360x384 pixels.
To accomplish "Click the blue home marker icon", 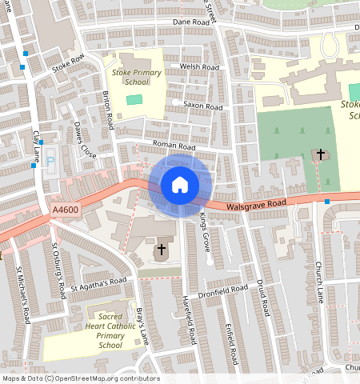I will (x=180, y=185).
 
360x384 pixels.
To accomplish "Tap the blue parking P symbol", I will (x=50, y=161).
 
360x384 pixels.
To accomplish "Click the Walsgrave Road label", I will (x=257, y=206).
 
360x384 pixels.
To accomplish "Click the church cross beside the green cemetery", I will (x=320, y=154).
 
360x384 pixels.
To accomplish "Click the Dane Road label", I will (x=190, y=23).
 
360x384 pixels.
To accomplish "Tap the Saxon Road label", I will (x=202, y=106).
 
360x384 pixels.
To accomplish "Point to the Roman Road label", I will (x=174, y=147).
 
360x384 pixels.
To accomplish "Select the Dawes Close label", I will (x=84, y=139).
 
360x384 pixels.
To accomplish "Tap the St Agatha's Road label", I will (x=98, y=282).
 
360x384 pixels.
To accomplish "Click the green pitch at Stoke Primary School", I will (x=133, y=99).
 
